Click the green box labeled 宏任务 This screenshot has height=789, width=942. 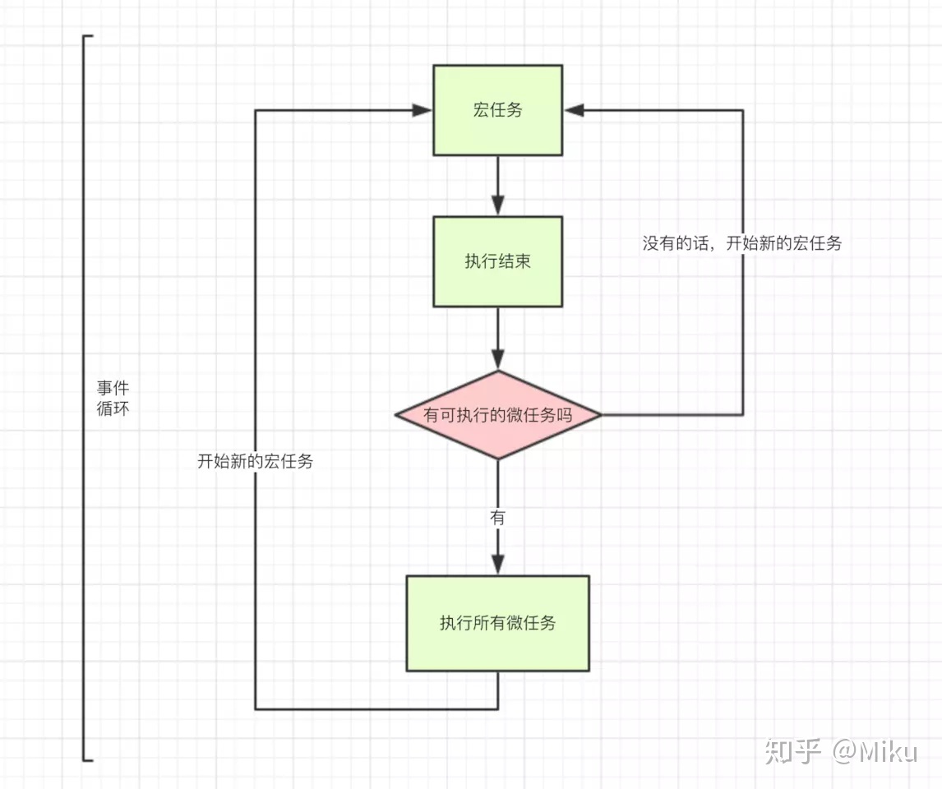click(497, 110)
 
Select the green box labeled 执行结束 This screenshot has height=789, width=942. click(497, 261)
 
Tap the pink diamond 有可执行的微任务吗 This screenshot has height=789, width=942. click(497, 415)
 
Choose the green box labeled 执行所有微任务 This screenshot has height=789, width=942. click(497, 623)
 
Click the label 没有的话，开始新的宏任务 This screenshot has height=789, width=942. click(741, 243)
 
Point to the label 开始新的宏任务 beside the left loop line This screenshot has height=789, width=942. click(255, 461)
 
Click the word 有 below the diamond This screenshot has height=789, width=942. click(497, 518)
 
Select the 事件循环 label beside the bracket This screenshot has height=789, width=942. click(113, 398)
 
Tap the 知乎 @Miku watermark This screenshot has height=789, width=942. click(839, 750)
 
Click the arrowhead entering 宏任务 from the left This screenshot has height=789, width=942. click(424, 110)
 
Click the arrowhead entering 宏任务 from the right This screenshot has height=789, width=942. click(573, 110)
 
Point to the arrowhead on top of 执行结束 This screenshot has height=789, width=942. click(497, 206)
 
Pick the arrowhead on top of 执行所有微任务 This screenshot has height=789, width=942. click(497, 565)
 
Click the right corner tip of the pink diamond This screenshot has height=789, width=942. click(601, 415)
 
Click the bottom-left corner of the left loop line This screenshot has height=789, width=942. click(256, 708)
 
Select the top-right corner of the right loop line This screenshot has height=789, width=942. click(743, 110)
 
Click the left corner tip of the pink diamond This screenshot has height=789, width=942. click(396, 415)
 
